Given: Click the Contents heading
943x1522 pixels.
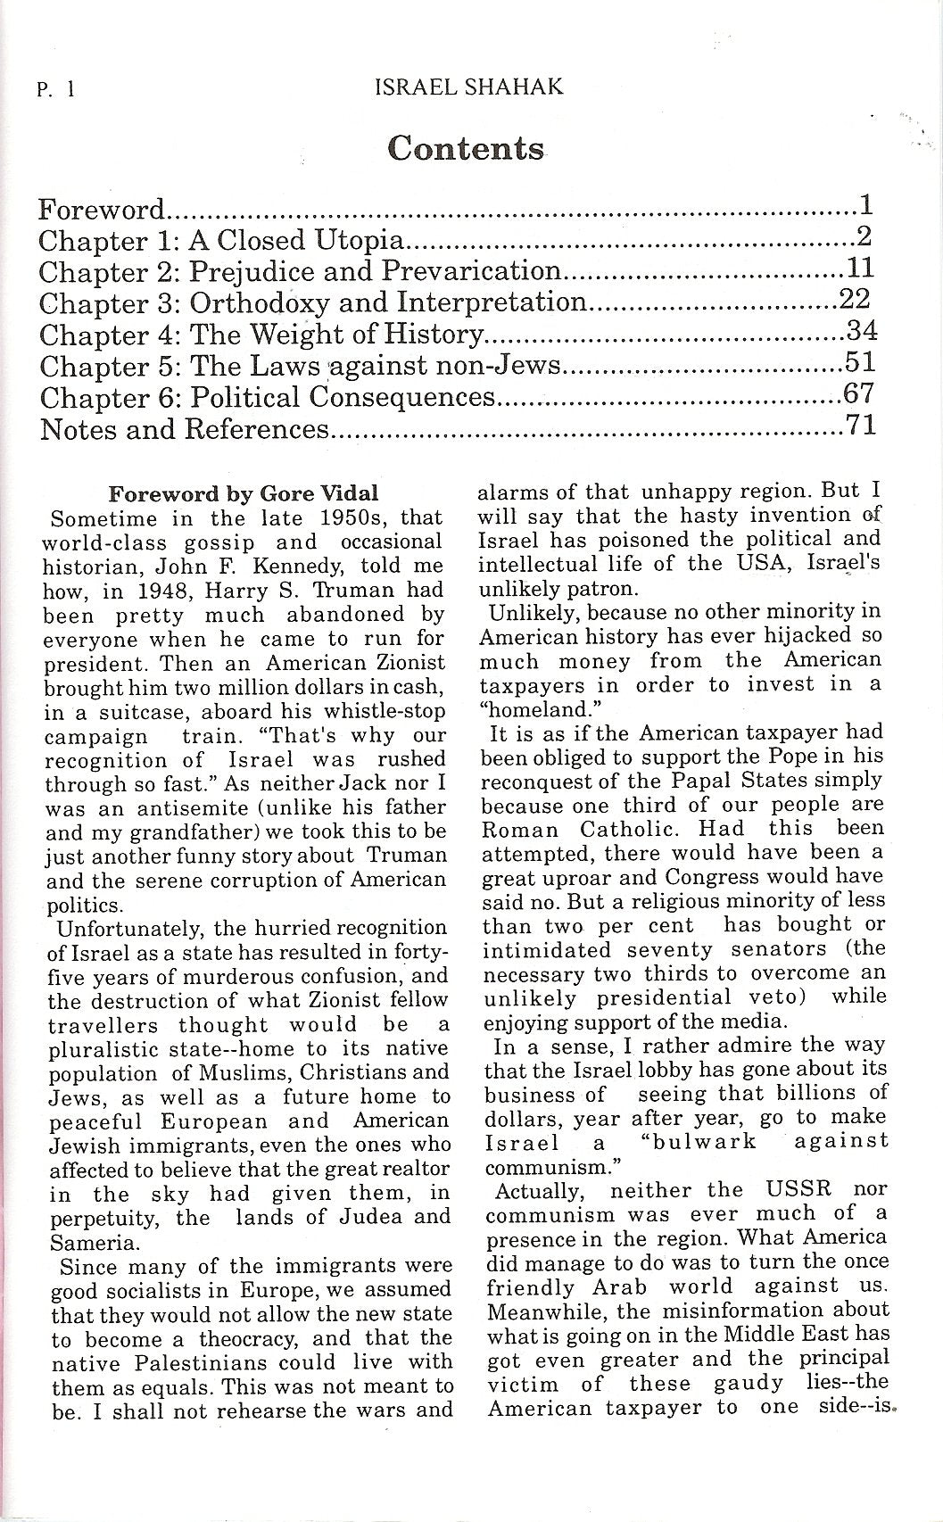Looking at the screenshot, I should click(x=466, y=148).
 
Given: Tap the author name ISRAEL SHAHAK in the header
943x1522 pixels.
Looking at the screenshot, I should click(x=469, y=87).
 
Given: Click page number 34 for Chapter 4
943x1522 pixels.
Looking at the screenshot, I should click(x=861, y=333).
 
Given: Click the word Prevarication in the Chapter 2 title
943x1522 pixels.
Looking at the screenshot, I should click(x=472, y=272).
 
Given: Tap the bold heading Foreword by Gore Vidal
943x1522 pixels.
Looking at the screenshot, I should click(x=243, y=493).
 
